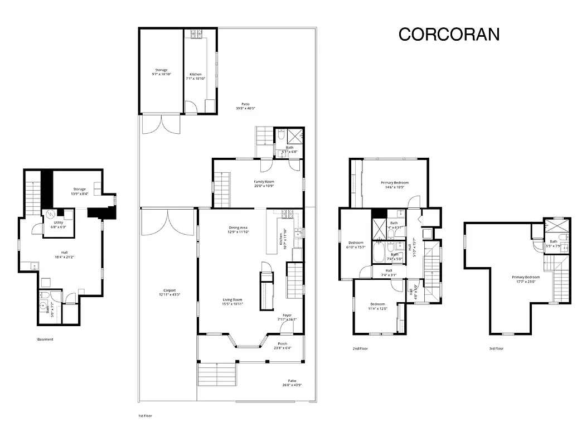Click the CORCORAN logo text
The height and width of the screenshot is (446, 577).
[449, 35]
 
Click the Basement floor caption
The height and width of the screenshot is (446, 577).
[46, 340]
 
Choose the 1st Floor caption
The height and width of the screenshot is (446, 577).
[145, 416]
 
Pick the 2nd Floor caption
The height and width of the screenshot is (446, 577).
[360, 348]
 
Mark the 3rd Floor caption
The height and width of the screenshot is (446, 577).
[496, 348]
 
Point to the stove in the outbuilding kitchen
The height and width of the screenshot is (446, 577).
[197, 34]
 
